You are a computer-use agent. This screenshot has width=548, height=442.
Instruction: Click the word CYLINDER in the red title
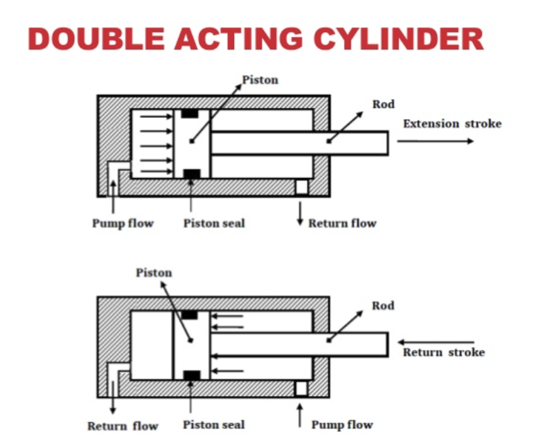coord(399,39)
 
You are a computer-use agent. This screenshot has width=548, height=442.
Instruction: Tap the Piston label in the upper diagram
coord(260,80)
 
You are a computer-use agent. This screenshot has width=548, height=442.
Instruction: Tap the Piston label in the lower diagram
coord(154,272)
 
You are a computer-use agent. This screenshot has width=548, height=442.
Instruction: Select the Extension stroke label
coord(452,124)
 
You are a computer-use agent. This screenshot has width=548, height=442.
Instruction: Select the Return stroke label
coord(444,352)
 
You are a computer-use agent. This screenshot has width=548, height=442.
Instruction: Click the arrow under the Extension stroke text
coord(435,141)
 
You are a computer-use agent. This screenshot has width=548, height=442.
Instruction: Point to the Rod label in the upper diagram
coord(383,104)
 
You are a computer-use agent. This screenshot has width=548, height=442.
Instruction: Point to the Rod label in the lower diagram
coord(383,306)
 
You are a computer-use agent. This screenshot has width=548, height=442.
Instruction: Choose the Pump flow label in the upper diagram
coord(123,223)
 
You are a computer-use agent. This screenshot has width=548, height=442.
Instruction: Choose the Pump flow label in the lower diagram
coord(342,424)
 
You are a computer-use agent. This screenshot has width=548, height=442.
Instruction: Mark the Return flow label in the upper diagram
coord(342,223)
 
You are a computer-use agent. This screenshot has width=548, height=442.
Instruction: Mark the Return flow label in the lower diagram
coord(123,426)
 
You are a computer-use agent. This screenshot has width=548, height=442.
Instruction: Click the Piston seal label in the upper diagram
coord(214,223)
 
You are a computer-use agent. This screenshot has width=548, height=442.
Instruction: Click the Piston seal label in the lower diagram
coord(214,424)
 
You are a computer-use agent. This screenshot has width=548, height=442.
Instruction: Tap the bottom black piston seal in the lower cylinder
coord(191,376)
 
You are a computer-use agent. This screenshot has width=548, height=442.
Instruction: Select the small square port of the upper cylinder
coord(301,187)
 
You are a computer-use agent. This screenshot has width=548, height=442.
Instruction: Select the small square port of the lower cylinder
coord(301,388)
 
